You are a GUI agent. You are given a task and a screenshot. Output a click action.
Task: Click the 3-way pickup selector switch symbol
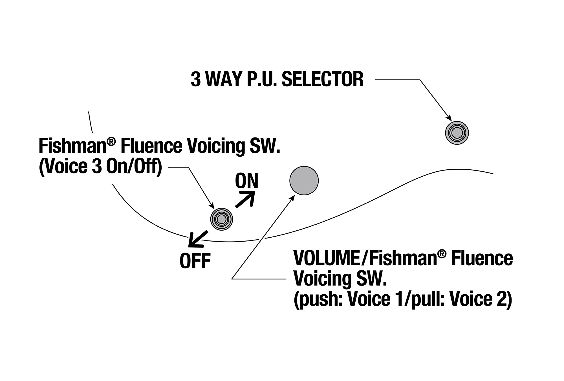[457, 133]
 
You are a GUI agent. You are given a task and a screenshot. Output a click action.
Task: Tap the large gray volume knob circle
[304, 180]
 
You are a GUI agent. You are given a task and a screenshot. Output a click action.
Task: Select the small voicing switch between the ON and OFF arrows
[222, 219]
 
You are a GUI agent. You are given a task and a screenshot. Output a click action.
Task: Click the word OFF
[195, 261]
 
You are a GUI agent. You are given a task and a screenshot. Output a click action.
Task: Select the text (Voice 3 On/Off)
[101, 167]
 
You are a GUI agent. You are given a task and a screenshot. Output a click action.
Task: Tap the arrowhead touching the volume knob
[292, 198]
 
